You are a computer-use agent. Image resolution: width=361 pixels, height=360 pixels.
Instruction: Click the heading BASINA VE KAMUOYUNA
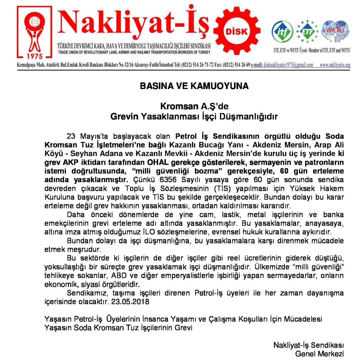point(194,86)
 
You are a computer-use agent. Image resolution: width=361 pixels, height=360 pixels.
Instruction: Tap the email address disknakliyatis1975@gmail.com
point(288,65)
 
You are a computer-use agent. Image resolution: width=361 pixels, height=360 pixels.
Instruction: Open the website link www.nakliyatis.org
point(335,65)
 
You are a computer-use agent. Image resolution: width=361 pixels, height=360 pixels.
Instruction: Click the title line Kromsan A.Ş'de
point(194,106)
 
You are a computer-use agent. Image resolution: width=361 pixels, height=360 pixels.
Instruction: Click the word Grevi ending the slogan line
point(184,328)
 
